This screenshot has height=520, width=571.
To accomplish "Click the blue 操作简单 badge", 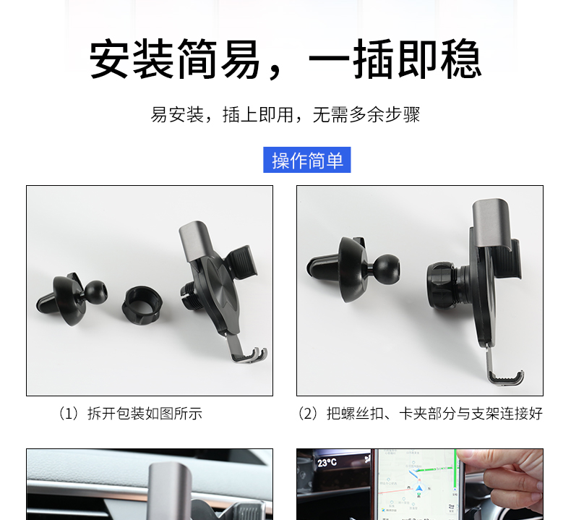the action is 307,160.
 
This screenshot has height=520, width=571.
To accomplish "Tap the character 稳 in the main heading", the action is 462,59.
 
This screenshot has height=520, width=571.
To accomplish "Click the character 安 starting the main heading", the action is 110,59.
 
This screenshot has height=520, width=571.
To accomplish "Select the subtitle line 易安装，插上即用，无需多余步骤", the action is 285,115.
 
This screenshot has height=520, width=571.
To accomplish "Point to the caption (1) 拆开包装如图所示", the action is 131,414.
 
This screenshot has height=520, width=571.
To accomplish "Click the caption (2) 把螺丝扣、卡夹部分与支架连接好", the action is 420,414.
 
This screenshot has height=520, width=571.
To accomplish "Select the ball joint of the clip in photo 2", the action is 387,268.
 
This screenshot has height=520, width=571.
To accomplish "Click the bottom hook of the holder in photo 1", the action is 248,354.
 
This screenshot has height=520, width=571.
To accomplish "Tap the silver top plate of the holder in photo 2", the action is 492,222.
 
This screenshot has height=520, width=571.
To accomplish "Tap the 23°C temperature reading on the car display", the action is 327,463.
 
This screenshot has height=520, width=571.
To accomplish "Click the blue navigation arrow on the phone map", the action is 418,487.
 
